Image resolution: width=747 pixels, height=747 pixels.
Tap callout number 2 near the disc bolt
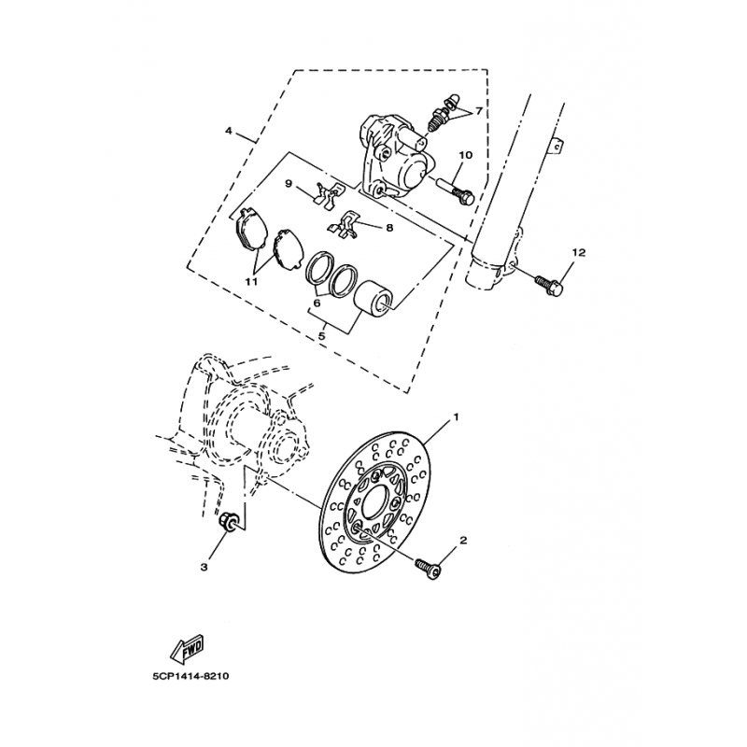click(464, 541)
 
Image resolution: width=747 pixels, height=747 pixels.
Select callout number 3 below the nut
click(204, 567)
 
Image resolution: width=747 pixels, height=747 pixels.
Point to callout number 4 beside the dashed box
click(229, 131)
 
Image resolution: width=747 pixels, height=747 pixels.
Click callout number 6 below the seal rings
click(317, 302)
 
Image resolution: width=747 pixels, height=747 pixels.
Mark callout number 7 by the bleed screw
click(478, 111)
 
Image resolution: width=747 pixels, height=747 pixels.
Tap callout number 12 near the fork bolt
click(578, 252)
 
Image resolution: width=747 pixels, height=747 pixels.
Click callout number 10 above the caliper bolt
click(465, 155)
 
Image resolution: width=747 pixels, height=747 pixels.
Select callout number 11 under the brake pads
click(250, 279)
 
